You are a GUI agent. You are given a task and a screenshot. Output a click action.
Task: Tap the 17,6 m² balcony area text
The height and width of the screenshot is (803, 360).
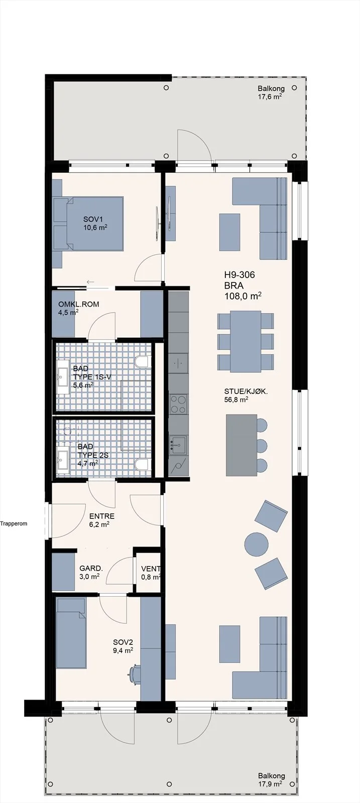[270, 96]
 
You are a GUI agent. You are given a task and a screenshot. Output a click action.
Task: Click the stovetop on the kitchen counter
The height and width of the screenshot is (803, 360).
[178, 404]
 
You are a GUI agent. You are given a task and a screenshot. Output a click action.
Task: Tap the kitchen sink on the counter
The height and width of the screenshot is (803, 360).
[178, 445]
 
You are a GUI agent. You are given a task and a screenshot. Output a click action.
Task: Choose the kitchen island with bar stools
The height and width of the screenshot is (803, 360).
[242, 445]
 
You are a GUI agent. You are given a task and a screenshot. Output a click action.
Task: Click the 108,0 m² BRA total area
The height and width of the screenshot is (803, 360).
[243, 296]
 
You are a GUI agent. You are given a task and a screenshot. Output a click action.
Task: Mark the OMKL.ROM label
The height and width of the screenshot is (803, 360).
[78, 304]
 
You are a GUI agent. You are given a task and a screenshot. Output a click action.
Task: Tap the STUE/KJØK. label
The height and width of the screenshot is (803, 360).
[246, 392]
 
